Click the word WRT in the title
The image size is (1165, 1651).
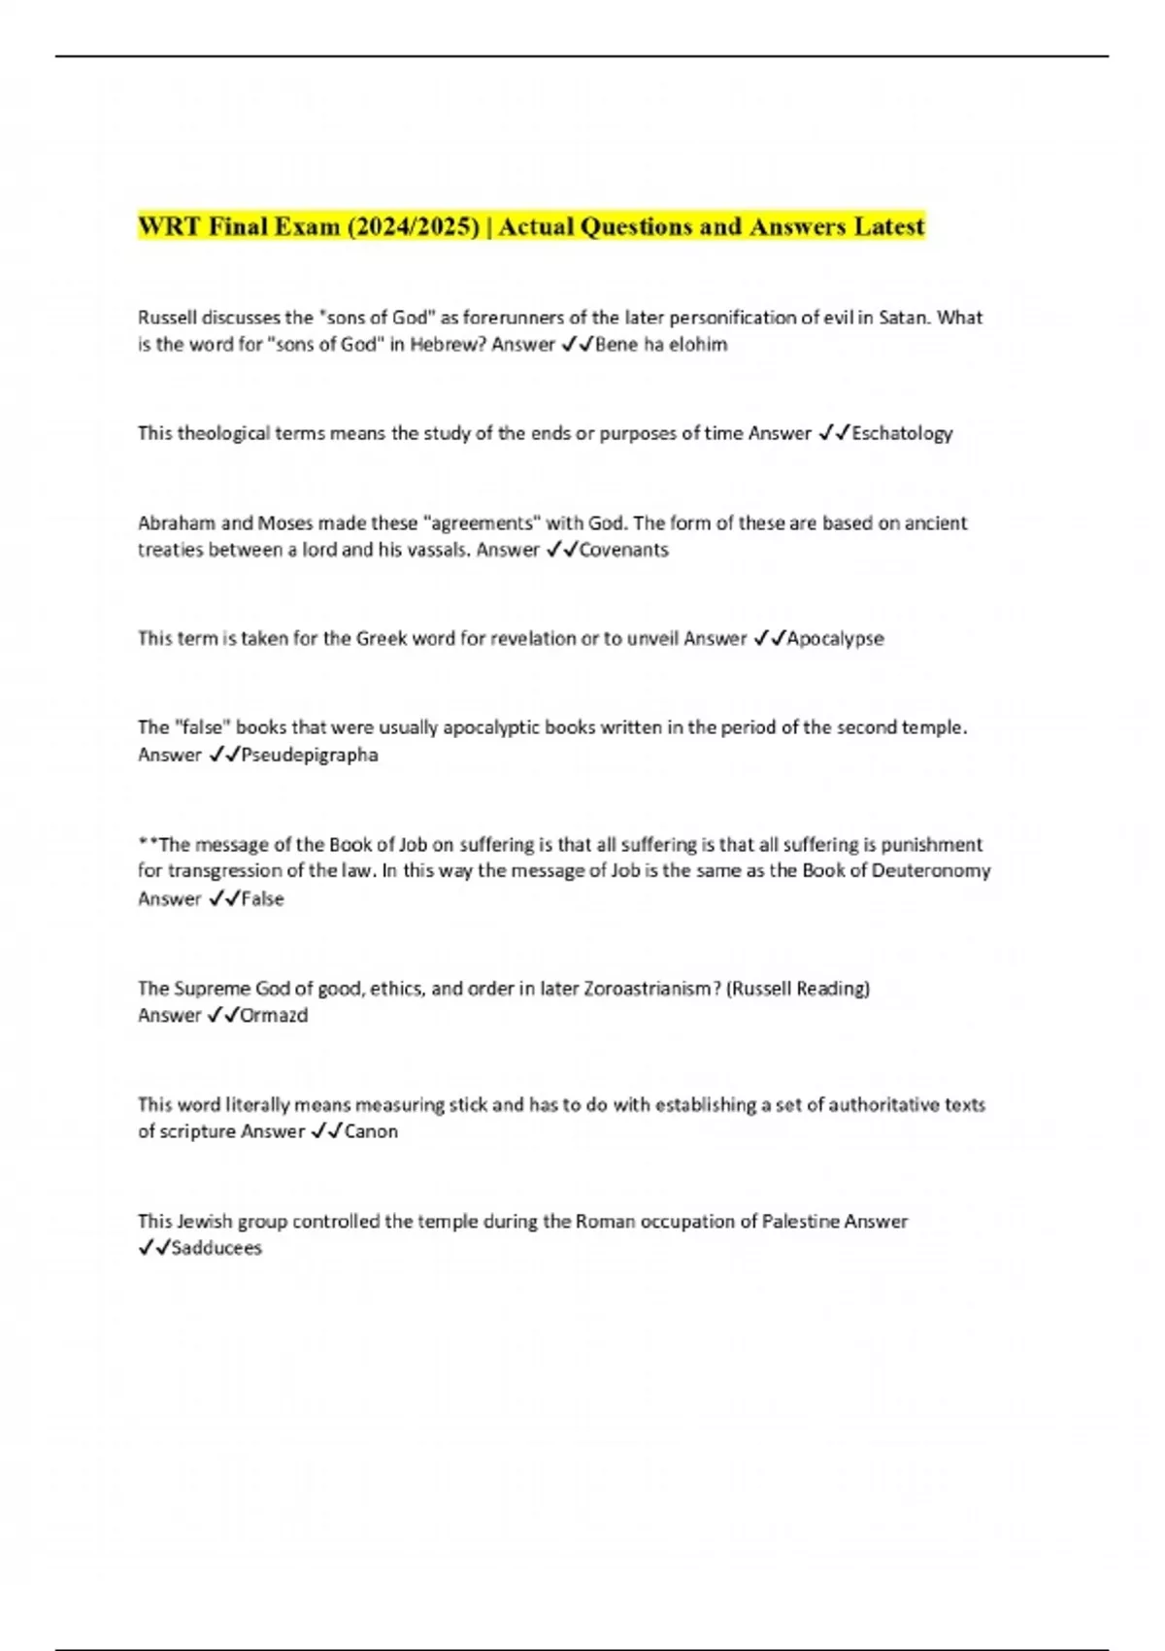point(169,226)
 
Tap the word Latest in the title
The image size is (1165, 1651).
point(889,226)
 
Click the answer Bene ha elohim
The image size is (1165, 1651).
point(660,345)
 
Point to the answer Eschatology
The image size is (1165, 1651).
point(902,433)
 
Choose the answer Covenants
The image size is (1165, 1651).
point(623,550)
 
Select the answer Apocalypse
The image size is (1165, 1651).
point(835,639)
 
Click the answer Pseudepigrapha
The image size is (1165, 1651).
point(310,755)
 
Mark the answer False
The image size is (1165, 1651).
point(262,899)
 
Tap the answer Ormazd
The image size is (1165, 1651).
point(274,1016)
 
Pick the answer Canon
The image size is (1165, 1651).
point(371,1131)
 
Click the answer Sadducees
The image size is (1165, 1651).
point(216,1248)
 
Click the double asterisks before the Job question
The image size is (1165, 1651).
point(147,843)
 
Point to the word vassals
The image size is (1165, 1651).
point(421,550)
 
